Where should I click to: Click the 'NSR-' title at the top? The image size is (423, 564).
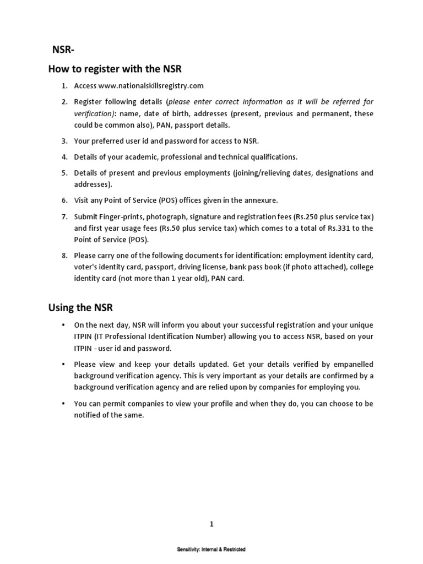(63, 50)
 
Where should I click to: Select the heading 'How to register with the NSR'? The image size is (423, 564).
(115, 69)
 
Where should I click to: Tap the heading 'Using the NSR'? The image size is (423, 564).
(80, 307)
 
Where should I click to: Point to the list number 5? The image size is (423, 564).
(64, 173)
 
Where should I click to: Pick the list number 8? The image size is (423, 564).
(64, 256)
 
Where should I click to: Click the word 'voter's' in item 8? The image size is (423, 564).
(86, 267)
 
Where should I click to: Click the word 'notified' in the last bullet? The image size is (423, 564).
(88, 415)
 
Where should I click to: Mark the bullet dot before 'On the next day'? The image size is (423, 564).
(64, 326)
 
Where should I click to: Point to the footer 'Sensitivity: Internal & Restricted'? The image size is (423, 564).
(211, 550)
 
